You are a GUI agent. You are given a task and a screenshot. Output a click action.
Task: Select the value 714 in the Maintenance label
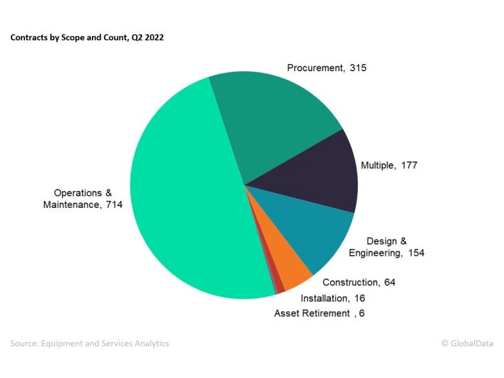(114, 205)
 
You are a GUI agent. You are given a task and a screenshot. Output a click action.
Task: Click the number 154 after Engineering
(416, 253)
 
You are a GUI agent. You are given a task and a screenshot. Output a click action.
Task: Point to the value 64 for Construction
(389, 282)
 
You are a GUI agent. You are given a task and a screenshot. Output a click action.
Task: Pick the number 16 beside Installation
(359, 298)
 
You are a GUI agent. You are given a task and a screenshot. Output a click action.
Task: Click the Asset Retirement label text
(311, 313)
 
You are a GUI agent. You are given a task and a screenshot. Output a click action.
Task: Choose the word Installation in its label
(324, 298)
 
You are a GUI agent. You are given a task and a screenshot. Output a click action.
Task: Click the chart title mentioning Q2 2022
(88, 38)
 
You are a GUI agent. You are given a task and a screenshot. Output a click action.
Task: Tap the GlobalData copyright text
(467, 343)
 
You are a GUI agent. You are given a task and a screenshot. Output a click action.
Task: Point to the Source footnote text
(89, 343)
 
